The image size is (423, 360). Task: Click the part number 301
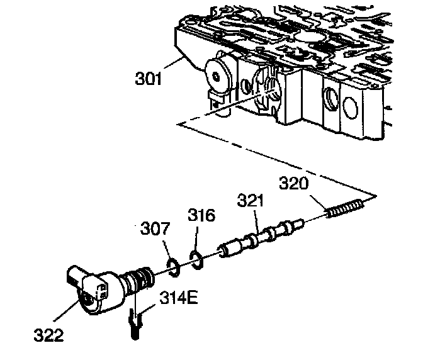(149, 80)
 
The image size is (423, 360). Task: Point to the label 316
(201, 215)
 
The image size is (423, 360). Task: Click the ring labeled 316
(196, 257)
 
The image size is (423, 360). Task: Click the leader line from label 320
(318, 200)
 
